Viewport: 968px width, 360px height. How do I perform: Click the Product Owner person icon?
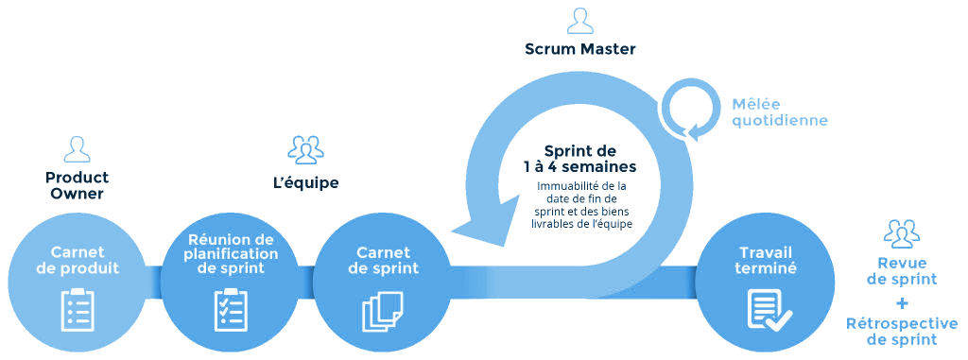(x=77, y=149)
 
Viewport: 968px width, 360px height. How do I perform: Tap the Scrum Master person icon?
(x=580, y=21)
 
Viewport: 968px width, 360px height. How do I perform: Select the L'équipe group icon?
(x=305, y=148)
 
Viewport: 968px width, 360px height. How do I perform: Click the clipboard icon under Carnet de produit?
(x=77, y=309)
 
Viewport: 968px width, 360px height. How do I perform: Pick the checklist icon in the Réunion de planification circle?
(x=232, y=309)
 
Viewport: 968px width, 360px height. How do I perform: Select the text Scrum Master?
(x=580, y=49)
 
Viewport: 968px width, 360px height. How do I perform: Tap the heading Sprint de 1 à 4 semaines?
(x=580, y=158)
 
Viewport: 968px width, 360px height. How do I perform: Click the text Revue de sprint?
(x=902, y=270)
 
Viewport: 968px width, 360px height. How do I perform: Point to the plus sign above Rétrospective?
(x=902, y=302)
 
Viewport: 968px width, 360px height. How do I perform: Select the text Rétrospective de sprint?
(x=902, y=332)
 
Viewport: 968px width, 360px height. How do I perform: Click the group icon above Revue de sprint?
(x=902, y=232)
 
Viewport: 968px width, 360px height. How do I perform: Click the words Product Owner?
(x=77, y=185)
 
